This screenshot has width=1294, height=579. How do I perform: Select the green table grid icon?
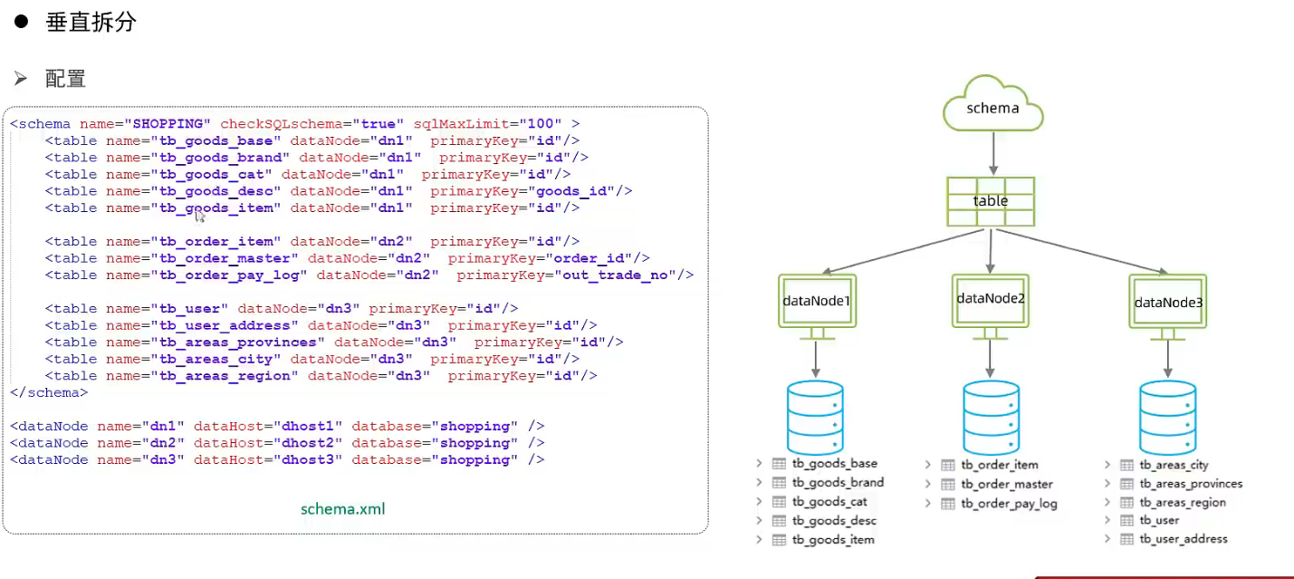tap(991, 201)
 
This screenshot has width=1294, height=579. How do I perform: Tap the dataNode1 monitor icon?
tap(816, 302)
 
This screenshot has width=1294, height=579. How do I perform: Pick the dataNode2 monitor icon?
tap(991, 298)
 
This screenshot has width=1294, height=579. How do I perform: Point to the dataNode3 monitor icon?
tap(1167, 303)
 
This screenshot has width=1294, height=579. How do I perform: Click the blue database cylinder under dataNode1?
tap(815, 418)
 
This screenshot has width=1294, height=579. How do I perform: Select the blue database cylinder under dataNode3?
tap(1167, 418)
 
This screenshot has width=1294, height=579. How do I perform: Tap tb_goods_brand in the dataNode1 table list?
tap(838, 483)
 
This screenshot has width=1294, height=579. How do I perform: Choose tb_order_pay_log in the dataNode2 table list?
tap(1009, 504)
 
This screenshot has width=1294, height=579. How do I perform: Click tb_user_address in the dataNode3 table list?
tap(1184, 539)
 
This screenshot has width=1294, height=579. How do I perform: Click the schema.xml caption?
tap(343, 509)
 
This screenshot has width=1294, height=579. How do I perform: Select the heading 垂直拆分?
tap(91, 23)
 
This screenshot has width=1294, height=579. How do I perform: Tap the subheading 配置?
tap(65, 79)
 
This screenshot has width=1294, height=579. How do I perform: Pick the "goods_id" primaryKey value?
tap(572, 191)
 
